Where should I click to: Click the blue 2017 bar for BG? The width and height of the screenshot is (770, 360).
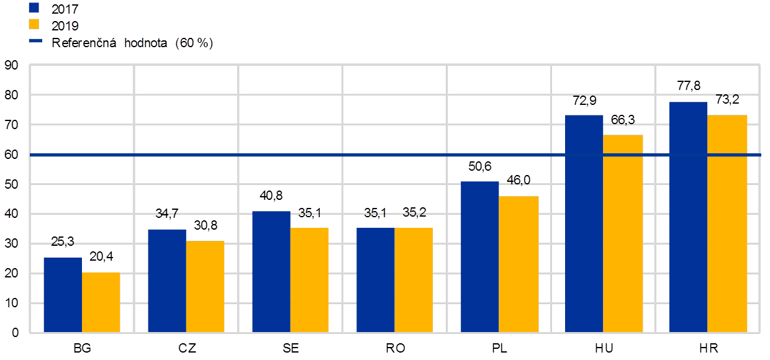tap(63, 295)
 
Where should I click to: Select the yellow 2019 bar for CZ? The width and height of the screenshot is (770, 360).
tap(206, 287)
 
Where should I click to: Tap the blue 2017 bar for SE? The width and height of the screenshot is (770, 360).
tap(271, 272)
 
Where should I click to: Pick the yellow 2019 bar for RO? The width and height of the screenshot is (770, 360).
tap(414, 280)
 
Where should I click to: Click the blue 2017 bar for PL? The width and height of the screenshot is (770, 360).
tap(479, 257)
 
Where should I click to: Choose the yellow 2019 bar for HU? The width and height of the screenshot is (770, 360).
tap(623, 233)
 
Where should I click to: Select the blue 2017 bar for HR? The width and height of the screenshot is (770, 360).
tap(688, 217)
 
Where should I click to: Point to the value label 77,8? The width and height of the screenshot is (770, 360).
tap(688, 86)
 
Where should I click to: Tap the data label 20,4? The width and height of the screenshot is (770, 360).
tap(101, 257)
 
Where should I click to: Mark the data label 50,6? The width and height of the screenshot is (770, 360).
tap(480, 166)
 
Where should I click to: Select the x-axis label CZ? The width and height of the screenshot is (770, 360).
tap(186, 348)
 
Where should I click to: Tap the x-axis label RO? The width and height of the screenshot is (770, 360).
tap(395, 348)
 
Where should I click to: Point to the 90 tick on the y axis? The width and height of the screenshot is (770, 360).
tap(12, 65)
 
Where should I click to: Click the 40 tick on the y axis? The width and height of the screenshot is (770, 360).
tap(12, 214)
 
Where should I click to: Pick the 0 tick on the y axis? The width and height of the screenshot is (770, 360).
tap(15, 333)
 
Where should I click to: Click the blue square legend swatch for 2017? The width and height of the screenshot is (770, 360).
tap(35, 9)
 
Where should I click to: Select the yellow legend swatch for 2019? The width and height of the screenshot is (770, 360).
tap(35, 25)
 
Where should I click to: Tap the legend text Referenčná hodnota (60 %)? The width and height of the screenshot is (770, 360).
tap(132, 43)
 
